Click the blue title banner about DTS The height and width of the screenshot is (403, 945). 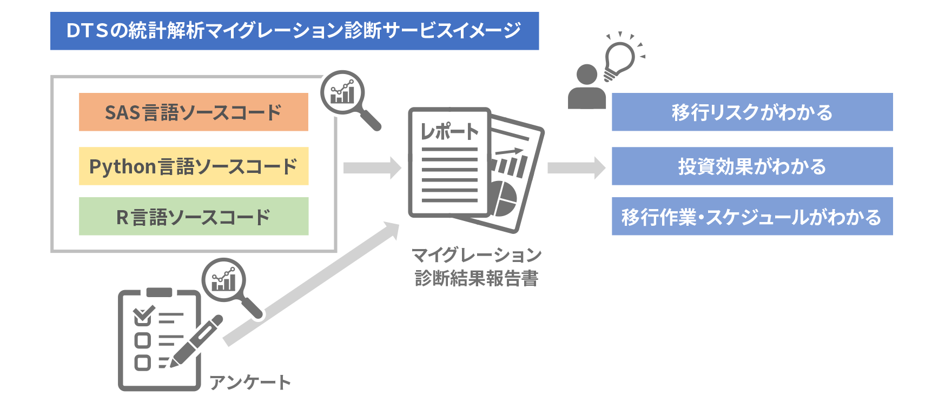tap(294, 31)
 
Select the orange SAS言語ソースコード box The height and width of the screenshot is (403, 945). tap(193, 112)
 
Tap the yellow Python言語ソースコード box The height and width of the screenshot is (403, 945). tap(193, 166)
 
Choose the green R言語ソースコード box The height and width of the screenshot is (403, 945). tap(193, 216)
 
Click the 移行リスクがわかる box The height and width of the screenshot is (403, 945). tap(752, 112)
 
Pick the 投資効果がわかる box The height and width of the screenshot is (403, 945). tap(752, 166)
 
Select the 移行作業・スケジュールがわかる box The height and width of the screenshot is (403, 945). tap(752, 216)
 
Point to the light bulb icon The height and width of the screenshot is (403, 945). tap(619, 58)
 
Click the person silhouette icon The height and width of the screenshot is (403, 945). tap(587, 88)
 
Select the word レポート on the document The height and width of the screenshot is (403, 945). tap(450, 131)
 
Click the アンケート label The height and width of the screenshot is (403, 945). tap(250, 382)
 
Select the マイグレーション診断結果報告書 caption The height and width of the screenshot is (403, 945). tap(476, 266)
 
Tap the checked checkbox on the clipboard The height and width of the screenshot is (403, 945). tap(143, 316)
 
